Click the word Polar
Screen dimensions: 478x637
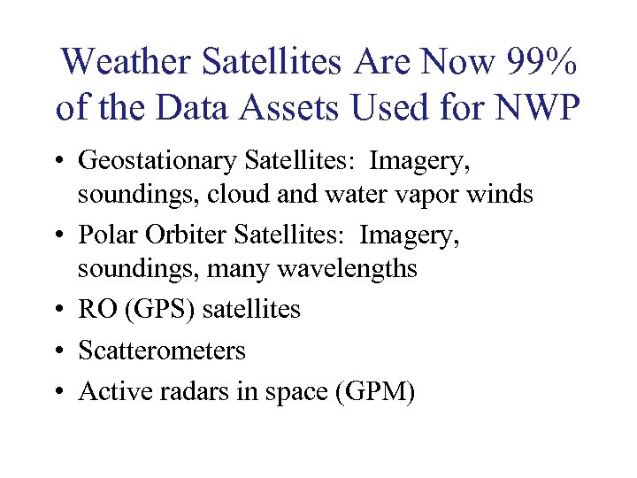click(x=106, y=235)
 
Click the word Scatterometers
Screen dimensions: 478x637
click(x=162, y=351)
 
